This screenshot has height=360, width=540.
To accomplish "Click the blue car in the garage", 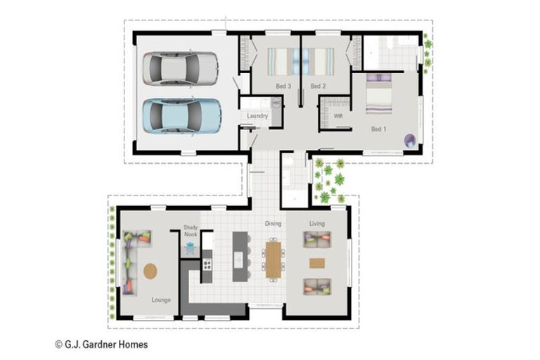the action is click(x=181, y=116).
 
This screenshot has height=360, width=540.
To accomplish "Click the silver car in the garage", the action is click(x=180, y=68).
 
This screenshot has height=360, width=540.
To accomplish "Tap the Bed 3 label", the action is click(x=283, y=86).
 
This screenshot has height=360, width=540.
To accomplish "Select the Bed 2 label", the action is click(x=318, y=86).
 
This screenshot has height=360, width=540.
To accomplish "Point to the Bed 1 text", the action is click(x=378, y=129).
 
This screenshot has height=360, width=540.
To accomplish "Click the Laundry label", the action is click(x=257, y=116).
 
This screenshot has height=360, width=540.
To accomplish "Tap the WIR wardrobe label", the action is click(x=338, y=117).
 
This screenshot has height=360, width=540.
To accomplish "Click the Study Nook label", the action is click(x=191, y=231).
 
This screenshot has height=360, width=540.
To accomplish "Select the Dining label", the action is click(x=273, y=224).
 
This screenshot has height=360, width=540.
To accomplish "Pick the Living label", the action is click(x=317, y=224).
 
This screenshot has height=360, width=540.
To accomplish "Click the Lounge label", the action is click(x=161, y=300).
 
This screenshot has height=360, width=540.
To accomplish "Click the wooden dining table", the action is click(x=273, y=259).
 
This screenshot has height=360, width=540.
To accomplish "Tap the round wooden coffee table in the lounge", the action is click(x=150, y=271).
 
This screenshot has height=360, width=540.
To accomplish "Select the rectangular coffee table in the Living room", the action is click(x=317, y=263).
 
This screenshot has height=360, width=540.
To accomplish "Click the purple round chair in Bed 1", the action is click(x=410, y=141).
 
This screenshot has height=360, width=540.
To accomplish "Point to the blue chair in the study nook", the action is click(x=190, y=247).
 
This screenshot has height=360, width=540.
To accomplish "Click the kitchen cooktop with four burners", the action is click(x=207, y=265).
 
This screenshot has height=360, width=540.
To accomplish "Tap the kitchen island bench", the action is click(x=240, y=257).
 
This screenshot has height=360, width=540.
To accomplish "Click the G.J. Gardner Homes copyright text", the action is click(x=101, y=345).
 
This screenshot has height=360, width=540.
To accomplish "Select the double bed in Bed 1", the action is click(x=379, y=94).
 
